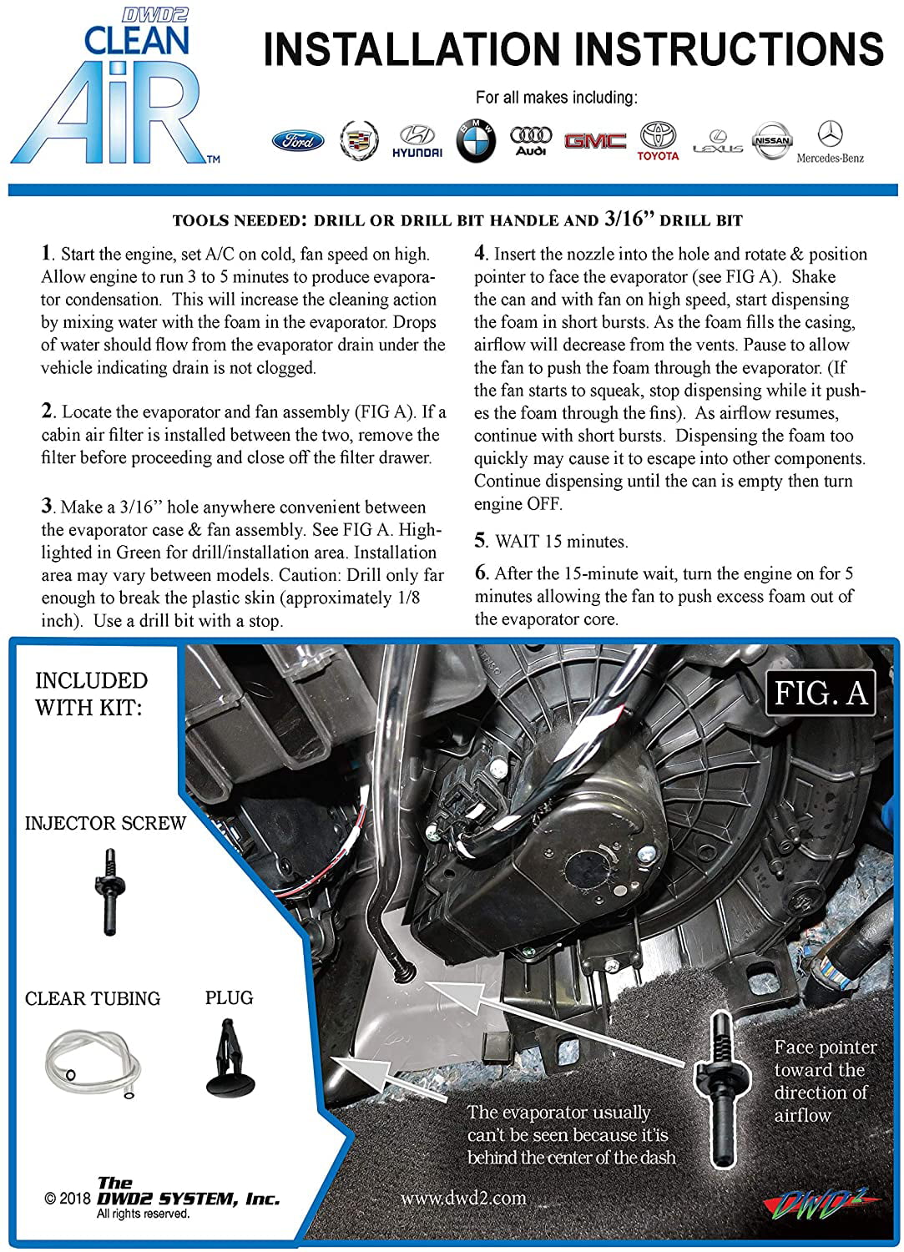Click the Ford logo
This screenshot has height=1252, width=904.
tap(298, 140)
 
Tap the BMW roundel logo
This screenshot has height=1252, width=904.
tap(475, 140)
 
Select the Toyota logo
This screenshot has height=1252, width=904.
tap(658, 141)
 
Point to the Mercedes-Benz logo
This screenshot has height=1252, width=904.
tap(831, 142)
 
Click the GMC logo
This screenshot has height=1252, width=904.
tap(595, 140)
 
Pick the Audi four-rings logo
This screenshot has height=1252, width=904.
tap(531, 141)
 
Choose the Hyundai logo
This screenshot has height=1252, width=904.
tap(417, 141)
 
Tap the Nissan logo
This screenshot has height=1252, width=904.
tap(772, 140)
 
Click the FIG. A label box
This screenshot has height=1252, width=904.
tap(821, 693)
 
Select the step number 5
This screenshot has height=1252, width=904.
tap(480, 541)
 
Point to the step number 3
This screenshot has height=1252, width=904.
tap(47, 505)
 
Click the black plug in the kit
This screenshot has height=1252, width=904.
tap(230, 1058)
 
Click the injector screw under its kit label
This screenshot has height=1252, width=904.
tap(109, 891)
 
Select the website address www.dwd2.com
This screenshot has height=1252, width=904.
tap(463, 1198)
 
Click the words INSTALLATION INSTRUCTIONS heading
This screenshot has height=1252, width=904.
tap(573, 49)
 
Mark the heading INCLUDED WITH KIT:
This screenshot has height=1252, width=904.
tap(91, 694)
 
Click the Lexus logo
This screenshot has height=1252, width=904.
tap(718, 142)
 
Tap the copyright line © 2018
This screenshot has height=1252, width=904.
tap(67, 1199)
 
